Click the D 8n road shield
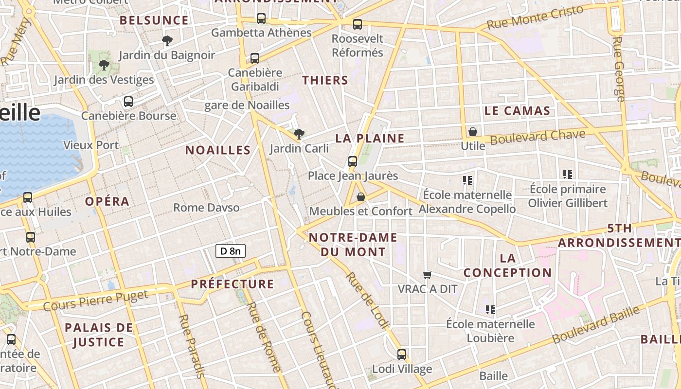[x=231, y=251]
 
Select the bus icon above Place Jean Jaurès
[x=353, y=161]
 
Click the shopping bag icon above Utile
[x=472, y=132]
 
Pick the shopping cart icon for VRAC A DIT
[x=428, y=275]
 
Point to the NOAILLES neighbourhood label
[x=218, y=150]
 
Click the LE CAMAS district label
[x=517, y=111]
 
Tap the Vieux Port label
[x=91, y=145]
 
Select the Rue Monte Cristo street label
[x=535, y=18]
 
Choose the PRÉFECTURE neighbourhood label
[x=233, y=284]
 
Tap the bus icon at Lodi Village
[x=402, y=354]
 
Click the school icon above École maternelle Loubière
[x=490, y=309]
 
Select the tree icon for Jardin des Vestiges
[x=104, y=65]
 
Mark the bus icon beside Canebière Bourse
[x=128, y=102]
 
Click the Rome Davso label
[x=206, y=208]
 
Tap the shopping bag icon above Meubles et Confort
[x=361, y=197]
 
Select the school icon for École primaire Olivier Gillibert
[x=567, y=174]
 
